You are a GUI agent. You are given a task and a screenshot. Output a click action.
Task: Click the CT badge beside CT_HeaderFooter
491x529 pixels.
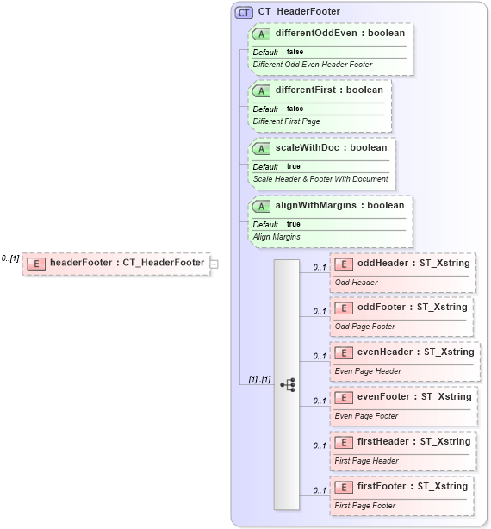245,12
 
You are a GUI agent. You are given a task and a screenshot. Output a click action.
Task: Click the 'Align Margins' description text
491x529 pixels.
277,236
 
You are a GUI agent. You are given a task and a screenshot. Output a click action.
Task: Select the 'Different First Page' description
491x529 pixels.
286,121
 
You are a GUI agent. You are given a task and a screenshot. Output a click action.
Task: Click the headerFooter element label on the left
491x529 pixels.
127,263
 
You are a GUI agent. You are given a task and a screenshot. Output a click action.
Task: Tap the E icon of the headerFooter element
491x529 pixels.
35,263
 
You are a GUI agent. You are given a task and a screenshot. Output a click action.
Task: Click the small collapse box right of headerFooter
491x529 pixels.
214,263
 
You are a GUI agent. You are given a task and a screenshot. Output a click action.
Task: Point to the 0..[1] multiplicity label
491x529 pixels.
10,258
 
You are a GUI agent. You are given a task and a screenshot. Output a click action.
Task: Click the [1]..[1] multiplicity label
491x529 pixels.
259,379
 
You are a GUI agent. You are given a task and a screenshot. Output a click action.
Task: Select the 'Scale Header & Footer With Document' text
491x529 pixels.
320,179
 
